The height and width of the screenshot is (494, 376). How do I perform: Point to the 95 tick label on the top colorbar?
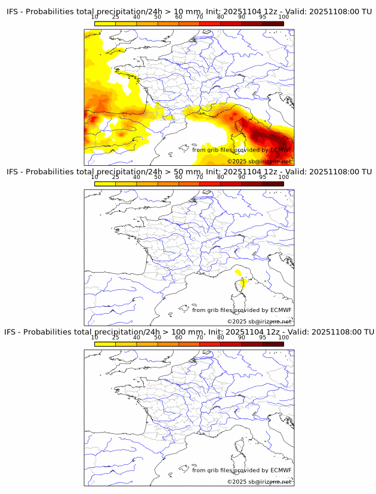coord(263,17)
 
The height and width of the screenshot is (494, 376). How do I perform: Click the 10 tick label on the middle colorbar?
coord(95,177)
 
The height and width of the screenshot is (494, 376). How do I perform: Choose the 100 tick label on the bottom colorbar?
coord(283,337)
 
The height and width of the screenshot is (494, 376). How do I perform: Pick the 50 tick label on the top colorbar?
coord(158,17)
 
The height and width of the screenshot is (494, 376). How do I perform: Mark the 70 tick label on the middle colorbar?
coord(199,177)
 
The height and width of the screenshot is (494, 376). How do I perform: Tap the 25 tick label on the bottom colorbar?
coord(116,337)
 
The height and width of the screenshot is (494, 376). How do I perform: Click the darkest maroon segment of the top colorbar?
coord(273,23)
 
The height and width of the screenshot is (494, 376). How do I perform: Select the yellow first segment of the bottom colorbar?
coord(105,344)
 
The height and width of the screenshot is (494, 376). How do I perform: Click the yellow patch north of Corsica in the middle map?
coord(239,273)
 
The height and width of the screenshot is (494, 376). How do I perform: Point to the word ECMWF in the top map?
coord(281,150)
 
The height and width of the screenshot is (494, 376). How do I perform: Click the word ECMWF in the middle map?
coord(281,310)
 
